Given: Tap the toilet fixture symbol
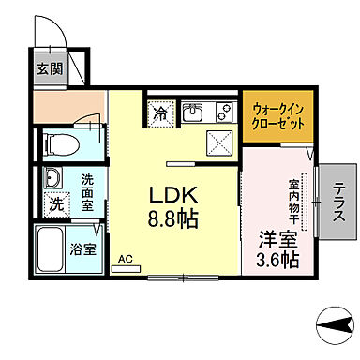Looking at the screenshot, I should (57, 143).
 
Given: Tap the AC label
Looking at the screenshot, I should (124, 258).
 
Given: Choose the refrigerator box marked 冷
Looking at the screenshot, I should (159, 115).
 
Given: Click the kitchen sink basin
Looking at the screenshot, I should (192, 114).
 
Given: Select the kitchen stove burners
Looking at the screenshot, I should (224, 114).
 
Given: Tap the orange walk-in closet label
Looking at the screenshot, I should (276, 115).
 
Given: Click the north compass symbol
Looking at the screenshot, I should (334, 326).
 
